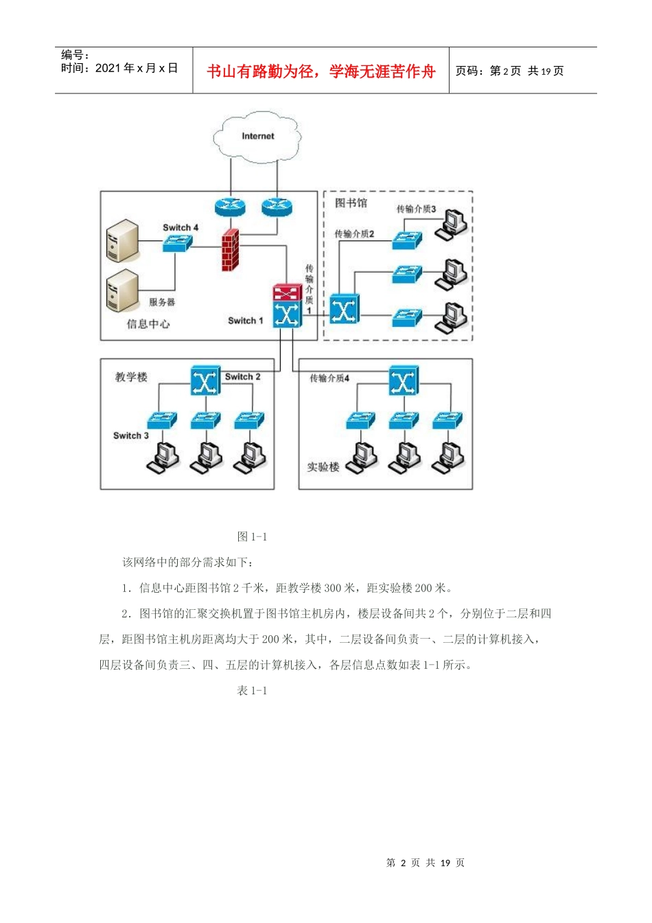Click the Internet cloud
tap(257, 137)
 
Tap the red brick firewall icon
tap(231, 249)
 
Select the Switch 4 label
tap(181, 227)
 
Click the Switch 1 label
tap(245, 321)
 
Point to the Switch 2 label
tap(243, 376)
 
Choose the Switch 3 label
tap(131, 435)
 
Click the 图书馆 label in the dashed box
tap(351, 203)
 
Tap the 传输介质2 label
tap(354, 234)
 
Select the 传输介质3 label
tap(416, 209)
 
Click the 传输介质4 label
tap(329, 378)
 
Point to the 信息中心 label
tap(148, 323)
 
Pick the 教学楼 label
tap(131, 377)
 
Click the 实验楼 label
tap(323, 467)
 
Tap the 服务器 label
tap(162, 302)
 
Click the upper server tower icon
tap(122, 240)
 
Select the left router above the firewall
tap(230, 205)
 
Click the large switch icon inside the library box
tap(343, 309)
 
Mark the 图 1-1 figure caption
tap(252, 536)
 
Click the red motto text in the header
tap(321, 71)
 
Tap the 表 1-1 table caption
tap(252, 690)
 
